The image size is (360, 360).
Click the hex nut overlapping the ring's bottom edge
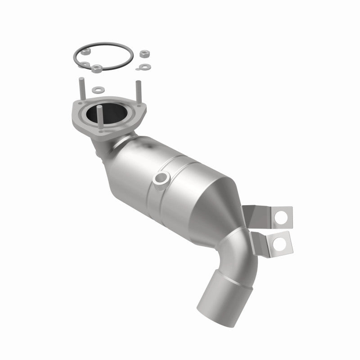pos(96,69)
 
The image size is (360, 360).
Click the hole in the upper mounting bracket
pos(281,216)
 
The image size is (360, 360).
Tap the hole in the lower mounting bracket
pos(279,243)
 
